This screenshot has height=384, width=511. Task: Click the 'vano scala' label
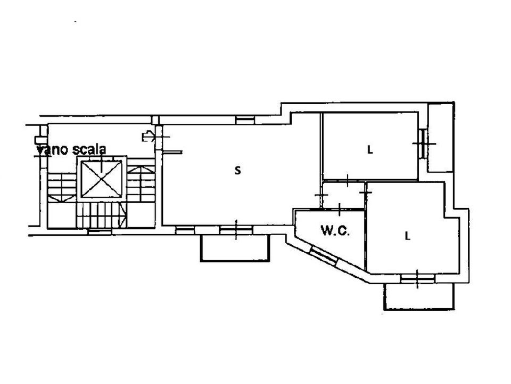click(72, 149)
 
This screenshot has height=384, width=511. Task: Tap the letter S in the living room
click(238, 170)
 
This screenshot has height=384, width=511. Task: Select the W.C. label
click(335, 231)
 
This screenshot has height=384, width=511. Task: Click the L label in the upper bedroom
click(370, 150)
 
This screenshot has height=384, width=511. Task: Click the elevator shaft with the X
click(101, 179)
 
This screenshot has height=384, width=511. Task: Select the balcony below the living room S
click(235, 248)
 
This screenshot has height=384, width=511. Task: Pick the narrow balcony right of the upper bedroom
click(441, 138)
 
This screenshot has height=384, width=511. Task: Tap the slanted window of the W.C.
click(323, 255)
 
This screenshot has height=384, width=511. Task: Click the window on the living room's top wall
click(245, 120)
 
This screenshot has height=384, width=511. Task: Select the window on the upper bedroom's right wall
click(422, 143)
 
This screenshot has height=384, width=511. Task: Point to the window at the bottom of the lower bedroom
click(417, 278)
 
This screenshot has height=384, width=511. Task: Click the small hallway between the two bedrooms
click(343, 195)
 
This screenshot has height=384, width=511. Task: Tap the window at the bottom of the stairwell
click(100, 231)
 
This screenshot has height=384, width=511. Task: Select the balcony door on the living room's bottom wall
click(236, 230)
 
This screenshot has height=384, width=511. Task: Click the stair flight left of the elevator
click(62, 187)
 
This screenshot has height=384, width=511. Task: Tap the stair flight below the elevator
click(101, 214)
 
